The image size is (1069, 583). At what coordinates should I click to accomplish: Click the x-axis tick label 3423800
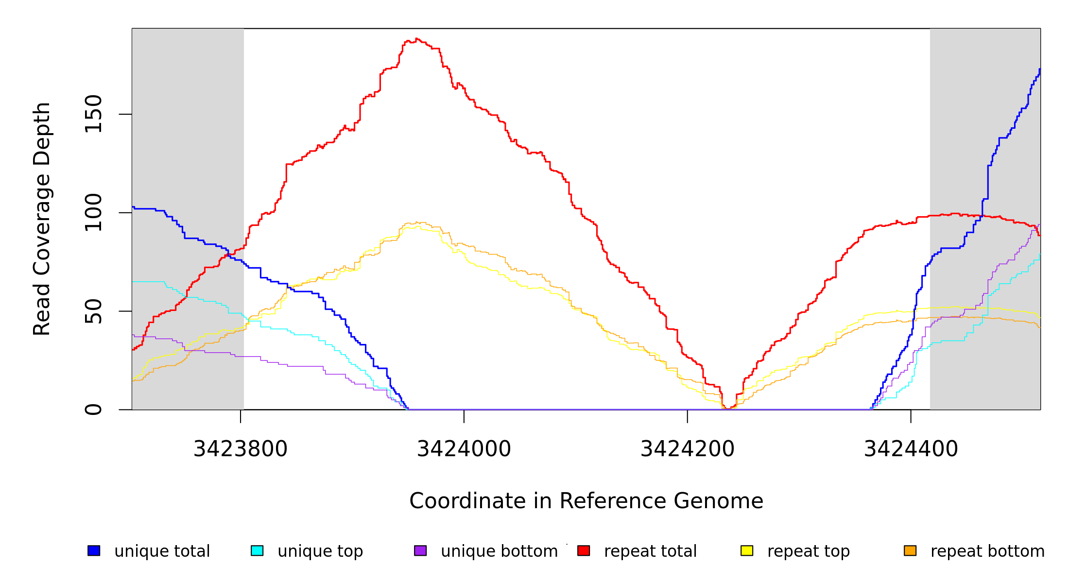241,449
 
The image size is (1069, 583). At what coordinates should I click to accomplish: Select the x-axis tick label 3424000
464,449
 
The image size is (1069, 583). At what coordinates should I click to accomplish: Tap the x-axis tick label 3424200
687,449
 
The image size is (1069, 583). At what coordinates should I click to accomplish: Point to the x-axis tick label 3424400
911,449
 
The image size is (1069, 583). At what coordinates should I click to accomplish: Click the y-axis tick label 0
93,410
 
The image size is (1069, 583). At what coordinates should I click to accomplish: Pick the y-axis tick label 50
93,311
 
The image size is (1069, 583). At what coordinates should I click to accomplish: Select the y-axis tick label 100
93,213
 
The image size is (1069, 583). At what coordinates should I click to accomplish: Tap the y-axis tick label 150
93,114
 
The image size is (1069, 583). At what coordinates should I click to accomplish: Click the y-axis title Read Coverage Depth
42,219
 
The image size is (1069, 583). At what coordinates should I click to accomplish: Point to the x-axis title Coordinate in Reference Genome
586,501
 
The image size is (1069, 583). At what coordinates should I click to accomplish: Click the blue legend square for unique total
94,550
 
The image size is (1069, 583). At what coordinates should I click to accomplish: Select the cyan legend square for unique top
257,550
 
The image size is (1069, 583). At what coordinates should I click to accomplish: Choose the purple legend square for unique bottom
420,550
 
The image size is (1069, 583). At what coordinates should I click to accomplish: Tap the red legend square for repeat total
584,550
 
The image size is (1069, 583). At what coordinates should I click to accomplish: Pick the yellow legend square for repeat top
747,550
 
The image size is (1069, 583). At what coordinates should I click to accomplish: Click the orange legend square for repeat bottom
910,550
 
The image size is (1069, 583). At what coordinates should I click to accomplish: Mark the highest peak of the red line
417,39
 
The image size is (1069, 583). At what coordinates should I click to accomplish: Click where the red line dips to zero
727,409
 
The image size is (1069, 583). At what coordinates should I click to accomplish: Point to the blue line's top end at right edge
1040,69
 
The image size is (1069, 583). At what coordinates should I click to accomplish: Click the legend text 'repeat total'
650,551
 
